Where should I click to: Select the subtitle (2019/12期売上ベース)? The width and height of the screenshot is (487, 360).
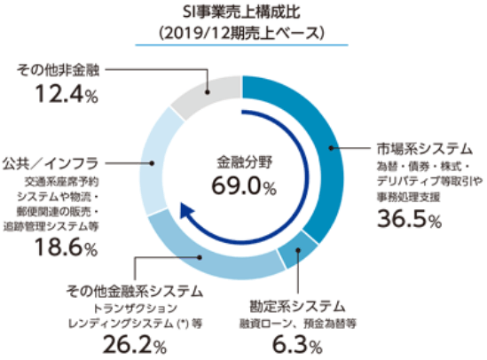(x=243, y=33)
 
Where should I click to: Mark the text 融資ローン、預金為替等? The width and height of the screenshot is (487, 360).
(x=298, y=324)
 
